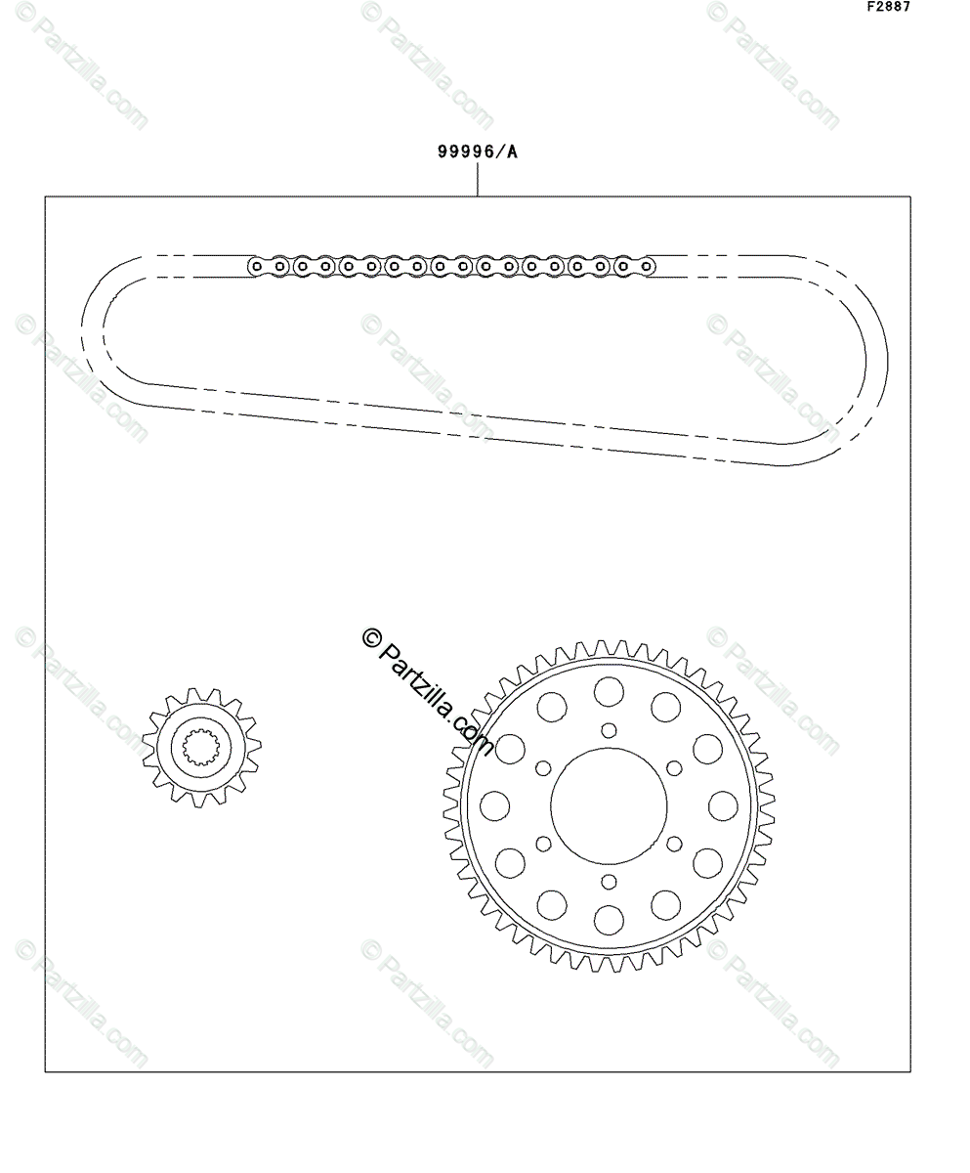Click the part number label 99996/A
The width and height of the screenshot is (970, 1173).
pos(477,152)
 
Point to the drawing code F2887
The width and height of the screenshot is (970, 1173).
pos(889,7)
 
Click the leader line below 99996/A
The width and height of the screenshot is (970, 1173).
pos(477,180)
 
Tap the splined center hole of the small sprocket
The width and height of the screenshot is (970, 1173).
pos(201,747)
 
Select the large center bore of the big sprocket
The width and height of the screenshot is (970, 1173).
pos(609,806)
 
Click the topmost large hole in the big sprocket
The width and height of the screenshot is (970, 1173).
pos(609,691)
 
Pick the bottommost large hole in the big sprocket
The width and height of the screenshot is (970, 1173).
pos(609,920)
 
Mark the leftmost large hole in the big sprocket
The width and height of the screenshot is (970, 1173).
pos(494,805)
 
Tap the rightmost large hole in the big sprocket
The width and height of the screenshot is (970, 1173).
pos(723,805)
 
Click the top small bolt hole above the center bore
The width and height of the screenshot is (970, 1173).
pos(609,730)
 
